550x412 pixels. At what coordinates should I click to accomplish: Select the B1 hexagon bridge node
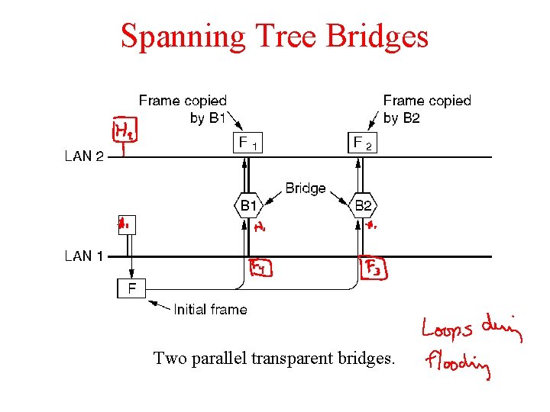[248, 205]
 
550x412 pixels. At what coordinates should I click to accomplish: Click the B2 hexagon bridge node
[363, 205]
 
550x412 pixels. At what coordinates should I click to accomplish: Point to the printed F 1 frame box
[248, 143]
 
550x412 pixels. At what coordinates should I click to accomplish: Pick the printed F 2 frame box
[363, 143]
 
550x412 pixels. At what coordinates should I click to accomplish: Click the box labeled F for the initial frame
[131, 288]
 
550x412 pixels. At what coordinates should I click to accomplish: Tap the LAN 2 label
[84, 156]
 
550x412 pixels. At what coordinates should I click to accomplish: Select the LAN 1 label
[84, 256]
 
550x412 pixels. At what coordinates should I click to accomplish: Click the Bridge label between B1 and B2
[306, 188]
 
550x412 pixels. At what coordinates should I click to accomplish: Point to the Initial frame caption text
[210, 309]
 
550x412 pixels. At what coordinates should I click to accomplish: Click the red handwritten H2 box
[123, 131]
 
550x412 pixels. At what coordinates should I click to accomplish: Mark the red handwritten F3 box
[373, 269]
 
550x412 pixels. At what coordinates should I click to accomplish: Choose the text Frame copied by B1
[183, 109]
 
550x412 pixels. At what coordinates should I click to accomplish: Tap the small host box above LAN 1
[125, 224]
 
